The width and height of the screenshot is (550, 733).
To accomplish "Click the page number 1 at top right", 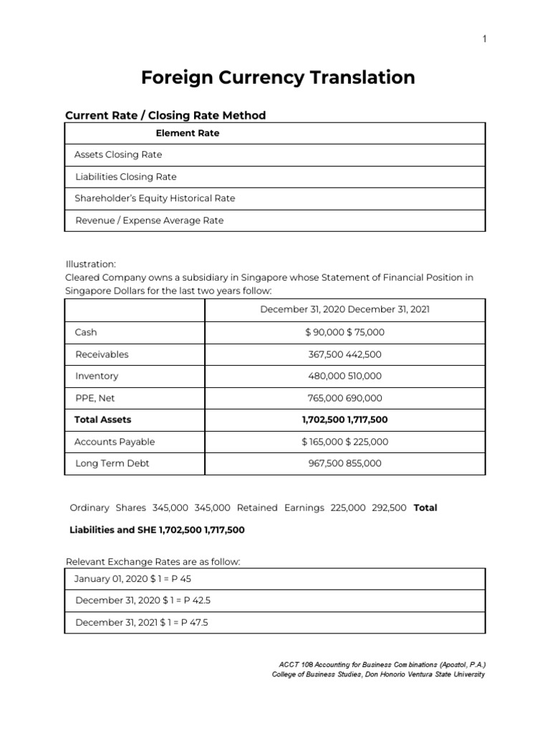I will pos(484,39).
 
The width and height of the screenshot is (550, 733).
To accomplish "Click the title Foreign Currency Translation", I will pos(278,77).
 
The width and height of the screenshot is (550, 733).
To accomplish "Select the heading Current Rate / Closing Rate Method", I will pos(165,115).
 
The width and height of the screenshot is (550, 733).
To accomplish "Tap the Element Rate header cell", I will pos(188,133).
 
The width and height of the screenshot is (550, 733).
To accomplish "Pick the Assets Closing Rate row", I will pos(118,155).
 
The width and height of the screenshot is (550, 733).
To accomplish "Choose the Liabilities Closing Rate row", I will pos(125,177).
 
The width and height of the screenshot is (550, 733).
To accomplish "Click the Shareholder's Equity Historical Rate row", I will pos(155,198).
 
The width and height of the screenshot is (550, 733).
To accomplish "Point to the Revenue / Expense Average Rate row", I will pos(149,220).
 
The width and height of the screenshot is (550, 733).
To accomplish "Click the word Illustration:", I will pos(90,264).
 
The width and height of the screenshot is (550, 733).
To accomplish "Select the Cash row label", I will pos(86,332).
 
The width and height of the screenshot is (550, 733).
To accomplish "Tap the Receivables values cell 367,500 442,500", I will pos(344,354).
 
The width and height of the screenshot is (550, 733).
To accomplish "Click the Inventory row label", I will pos(97,376).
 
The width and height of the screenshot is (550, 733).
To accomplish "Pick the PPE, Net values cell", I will pos(344,398).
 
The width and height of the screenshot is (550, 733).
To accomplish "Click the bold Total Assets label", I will pos(103,419).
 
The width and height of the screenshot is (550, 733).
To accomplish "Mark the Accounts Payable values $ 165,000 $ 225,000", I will pos(344,442).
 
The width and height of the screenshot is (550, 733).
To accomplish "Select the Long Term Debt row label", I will pos(112,463).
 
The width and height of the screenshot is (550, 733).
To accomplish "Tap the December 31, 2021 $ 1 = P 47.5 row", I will pos(141,623).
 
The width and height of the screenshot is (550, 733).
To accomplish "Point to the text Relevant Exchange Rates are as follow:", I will pos(153,562).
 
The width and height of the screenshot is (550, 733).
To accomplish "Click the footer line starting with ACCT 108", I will pos(379,665).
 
